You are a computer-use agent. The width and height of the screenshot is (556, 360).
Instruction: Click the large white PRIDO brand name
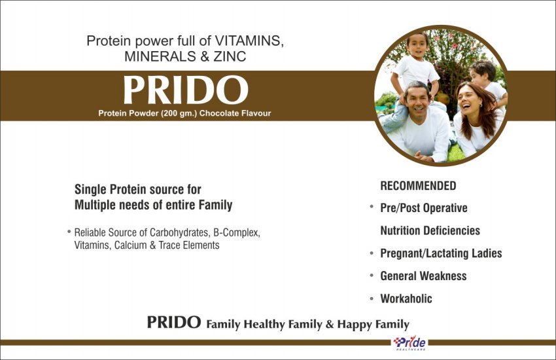(186, 90)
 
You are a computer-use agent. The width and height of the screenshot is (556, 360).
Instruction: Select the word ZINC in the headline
(230, 56)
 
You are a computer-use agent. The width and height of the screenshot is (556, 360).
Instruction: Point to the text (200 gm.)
(179, 113)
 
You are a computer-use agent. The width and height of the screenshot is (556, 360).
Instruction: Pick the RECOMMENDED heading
(418, 186)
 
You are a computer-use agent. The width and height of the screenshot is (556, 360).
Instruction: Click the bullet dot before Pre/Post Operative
(372, 206)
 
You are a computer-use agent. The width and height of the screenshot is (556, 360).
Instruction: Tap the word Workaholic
(406, 298)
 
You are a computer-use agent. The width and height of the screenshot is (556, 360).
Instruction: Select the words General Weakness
(423, 276)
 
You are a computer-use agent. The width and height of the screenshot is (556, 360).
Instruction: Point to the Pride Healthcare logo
(410, 343)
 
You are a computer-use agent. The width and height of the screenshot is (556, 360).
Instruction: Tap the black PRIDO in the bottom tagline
(174, 323)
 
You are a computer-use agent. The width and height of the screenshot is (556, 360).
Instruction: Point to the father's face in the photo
(418, 102)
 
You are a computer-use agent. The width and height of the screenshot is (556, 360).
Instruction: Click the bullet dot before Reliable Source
(69, 232)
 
